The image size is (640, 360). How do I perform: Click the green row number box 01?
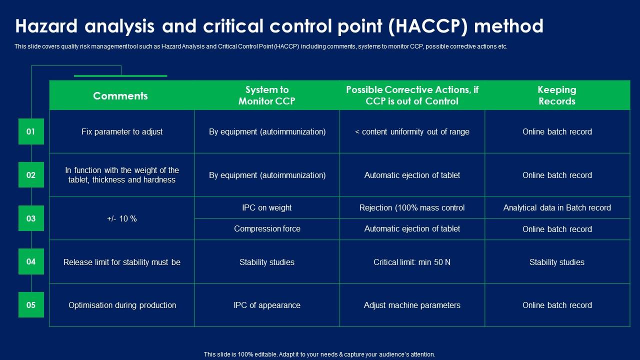click(x=31, y=131)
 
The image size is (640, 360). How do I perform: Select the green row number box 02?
click(x=31, y=175)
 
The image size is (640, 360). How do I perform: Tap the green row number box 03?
click(x=31, y=218)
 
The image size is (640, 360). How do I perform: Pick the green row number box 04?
click(x=31, y=261)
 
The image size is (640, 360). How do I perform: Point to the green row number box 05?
click(x=31, y=305)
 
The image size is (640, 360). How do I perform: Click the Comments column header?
click(x=120, y=95)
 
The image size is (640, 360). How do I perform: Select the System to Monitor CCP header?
click(x=267, y=95)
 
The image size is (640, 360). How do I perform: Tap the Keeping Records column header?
click(x=557, y=95)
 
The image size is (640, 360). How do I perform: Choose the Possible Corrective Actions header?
click(x=412, y=95)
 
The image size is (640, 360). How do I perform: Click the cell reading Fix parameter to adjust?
click(x=122, y=132)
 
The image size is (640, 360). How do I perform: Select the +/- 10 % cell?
click(x=122, y=218)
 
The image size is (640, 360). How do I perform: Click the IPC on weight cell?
click(x=267, y=207)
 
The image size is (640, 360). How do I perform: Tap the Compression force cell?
click(x=267, y=229)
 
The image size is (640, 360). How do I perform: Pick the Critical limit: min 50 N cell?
click(x=412, y=262)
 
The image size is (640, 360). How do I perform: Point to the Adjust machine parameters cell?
click(x=412, y=305)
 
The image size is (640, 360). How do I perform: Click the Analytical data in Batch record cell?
click(x=557, y=207)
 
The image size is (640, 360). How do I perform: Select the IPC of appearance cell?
click(x=267, y=305)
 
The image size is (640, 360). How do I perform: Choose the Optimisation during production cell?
click(x=122, y=305)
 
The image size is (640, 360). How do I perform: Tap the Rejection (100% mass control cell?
click(x=412, y=207)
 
